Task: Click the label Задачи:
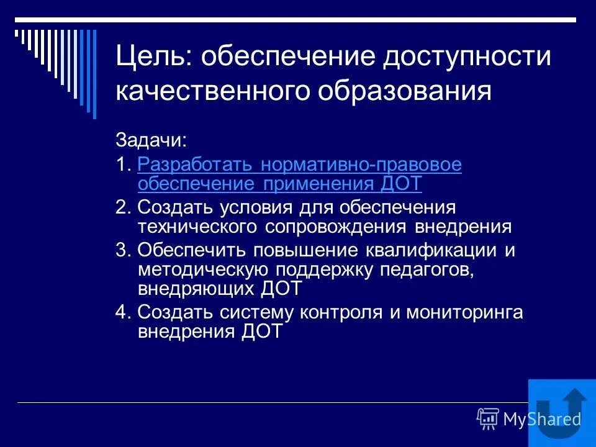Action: [x=151, y=140]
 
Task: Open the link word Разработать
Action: [x=196, y=165]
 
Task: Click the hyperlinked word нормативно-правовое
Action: [x=362, y=165]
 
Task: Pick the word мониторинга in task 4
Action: [x=464, y=312]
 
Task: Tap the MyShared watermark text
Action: [x=541, y=419]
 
